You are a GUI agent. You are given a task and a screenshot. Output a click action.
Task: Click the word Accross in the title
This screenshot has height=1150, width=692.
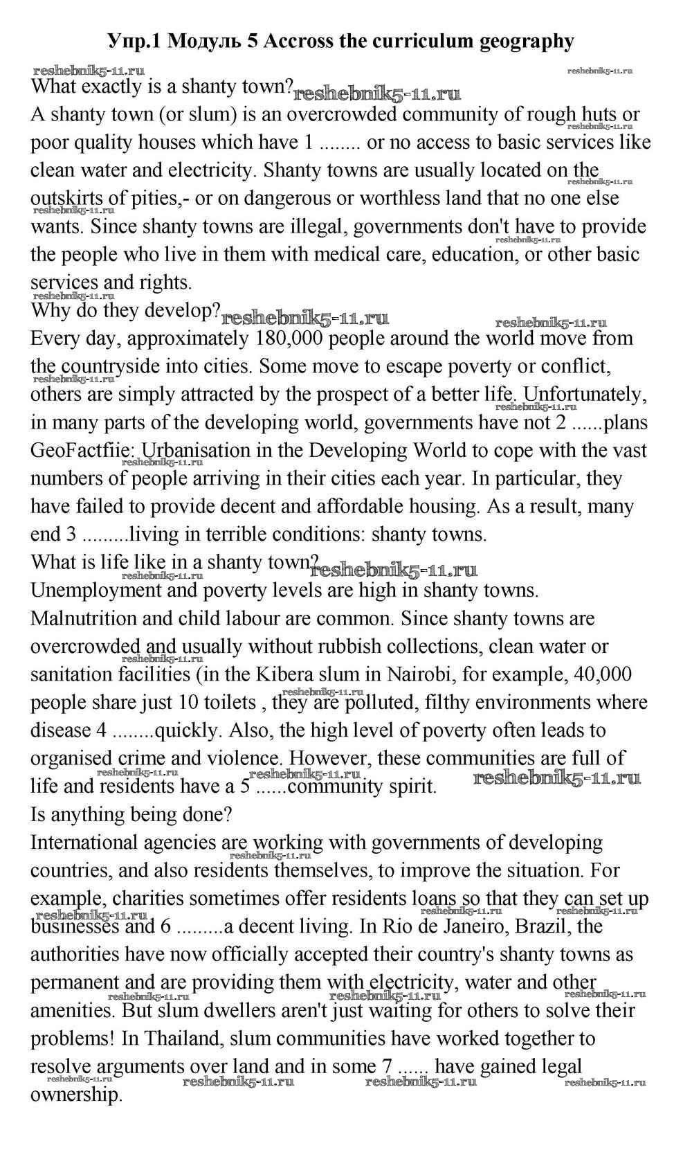point(298,42)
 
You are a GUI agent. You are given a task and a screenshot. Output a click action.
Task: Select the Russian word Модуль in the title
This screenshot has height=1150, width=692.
point(204,42)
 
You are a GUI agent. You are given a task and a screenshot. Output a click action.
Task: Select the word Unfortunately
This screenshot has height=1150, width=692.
point(585,395)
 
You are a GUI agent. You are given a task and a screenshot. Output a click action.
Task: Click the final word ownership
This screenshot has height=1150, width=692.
point(76,1095)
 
